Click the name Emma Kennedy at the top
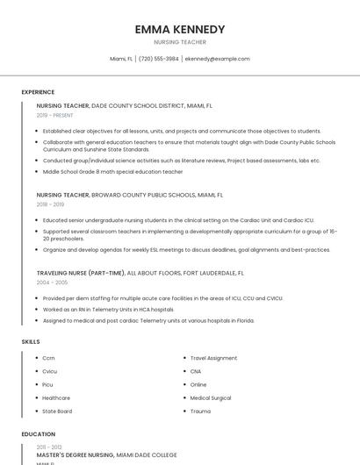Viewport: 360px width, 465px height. coord(180,29)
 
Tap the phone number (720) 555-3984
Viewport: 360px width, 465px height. coord(159,59)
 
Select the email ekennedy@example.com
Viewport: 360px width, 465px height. coord(218,59)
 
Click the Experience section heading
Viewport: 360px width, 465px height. coord(38,92)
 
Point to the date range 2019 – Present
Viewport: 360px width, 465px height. coord(55,115)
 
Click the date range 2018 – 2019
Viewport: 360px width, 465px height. coord(51,204)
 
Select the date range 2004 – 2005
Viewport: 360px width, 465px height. coord(52,283)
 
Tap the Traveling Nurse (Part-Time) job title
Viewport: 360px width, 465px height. coord(80,273)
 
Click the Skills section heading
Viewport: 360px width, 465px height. coord(31,341)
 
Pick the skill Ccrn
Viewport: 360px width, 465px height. coord(48,358)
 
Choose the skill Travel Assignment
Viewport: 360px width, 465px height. coord(213,358)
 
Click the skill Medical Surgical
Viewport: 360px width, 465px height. coord(211,397)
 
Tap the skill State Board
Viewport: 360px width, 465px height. coord(57,411)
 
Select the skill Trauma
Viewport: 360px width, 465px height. coord(200,411)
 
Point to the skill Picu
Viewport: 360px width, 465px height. coord(48,384)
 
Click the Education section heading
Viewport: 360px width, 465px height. coord(38,434)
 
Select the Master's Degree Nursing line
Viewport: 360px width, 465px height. coord(76,455)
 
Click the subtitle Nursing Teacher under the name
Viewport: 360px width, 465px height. coord(180,41)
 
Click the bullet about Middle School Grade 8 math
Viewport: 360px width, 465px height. coord(112,172)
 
